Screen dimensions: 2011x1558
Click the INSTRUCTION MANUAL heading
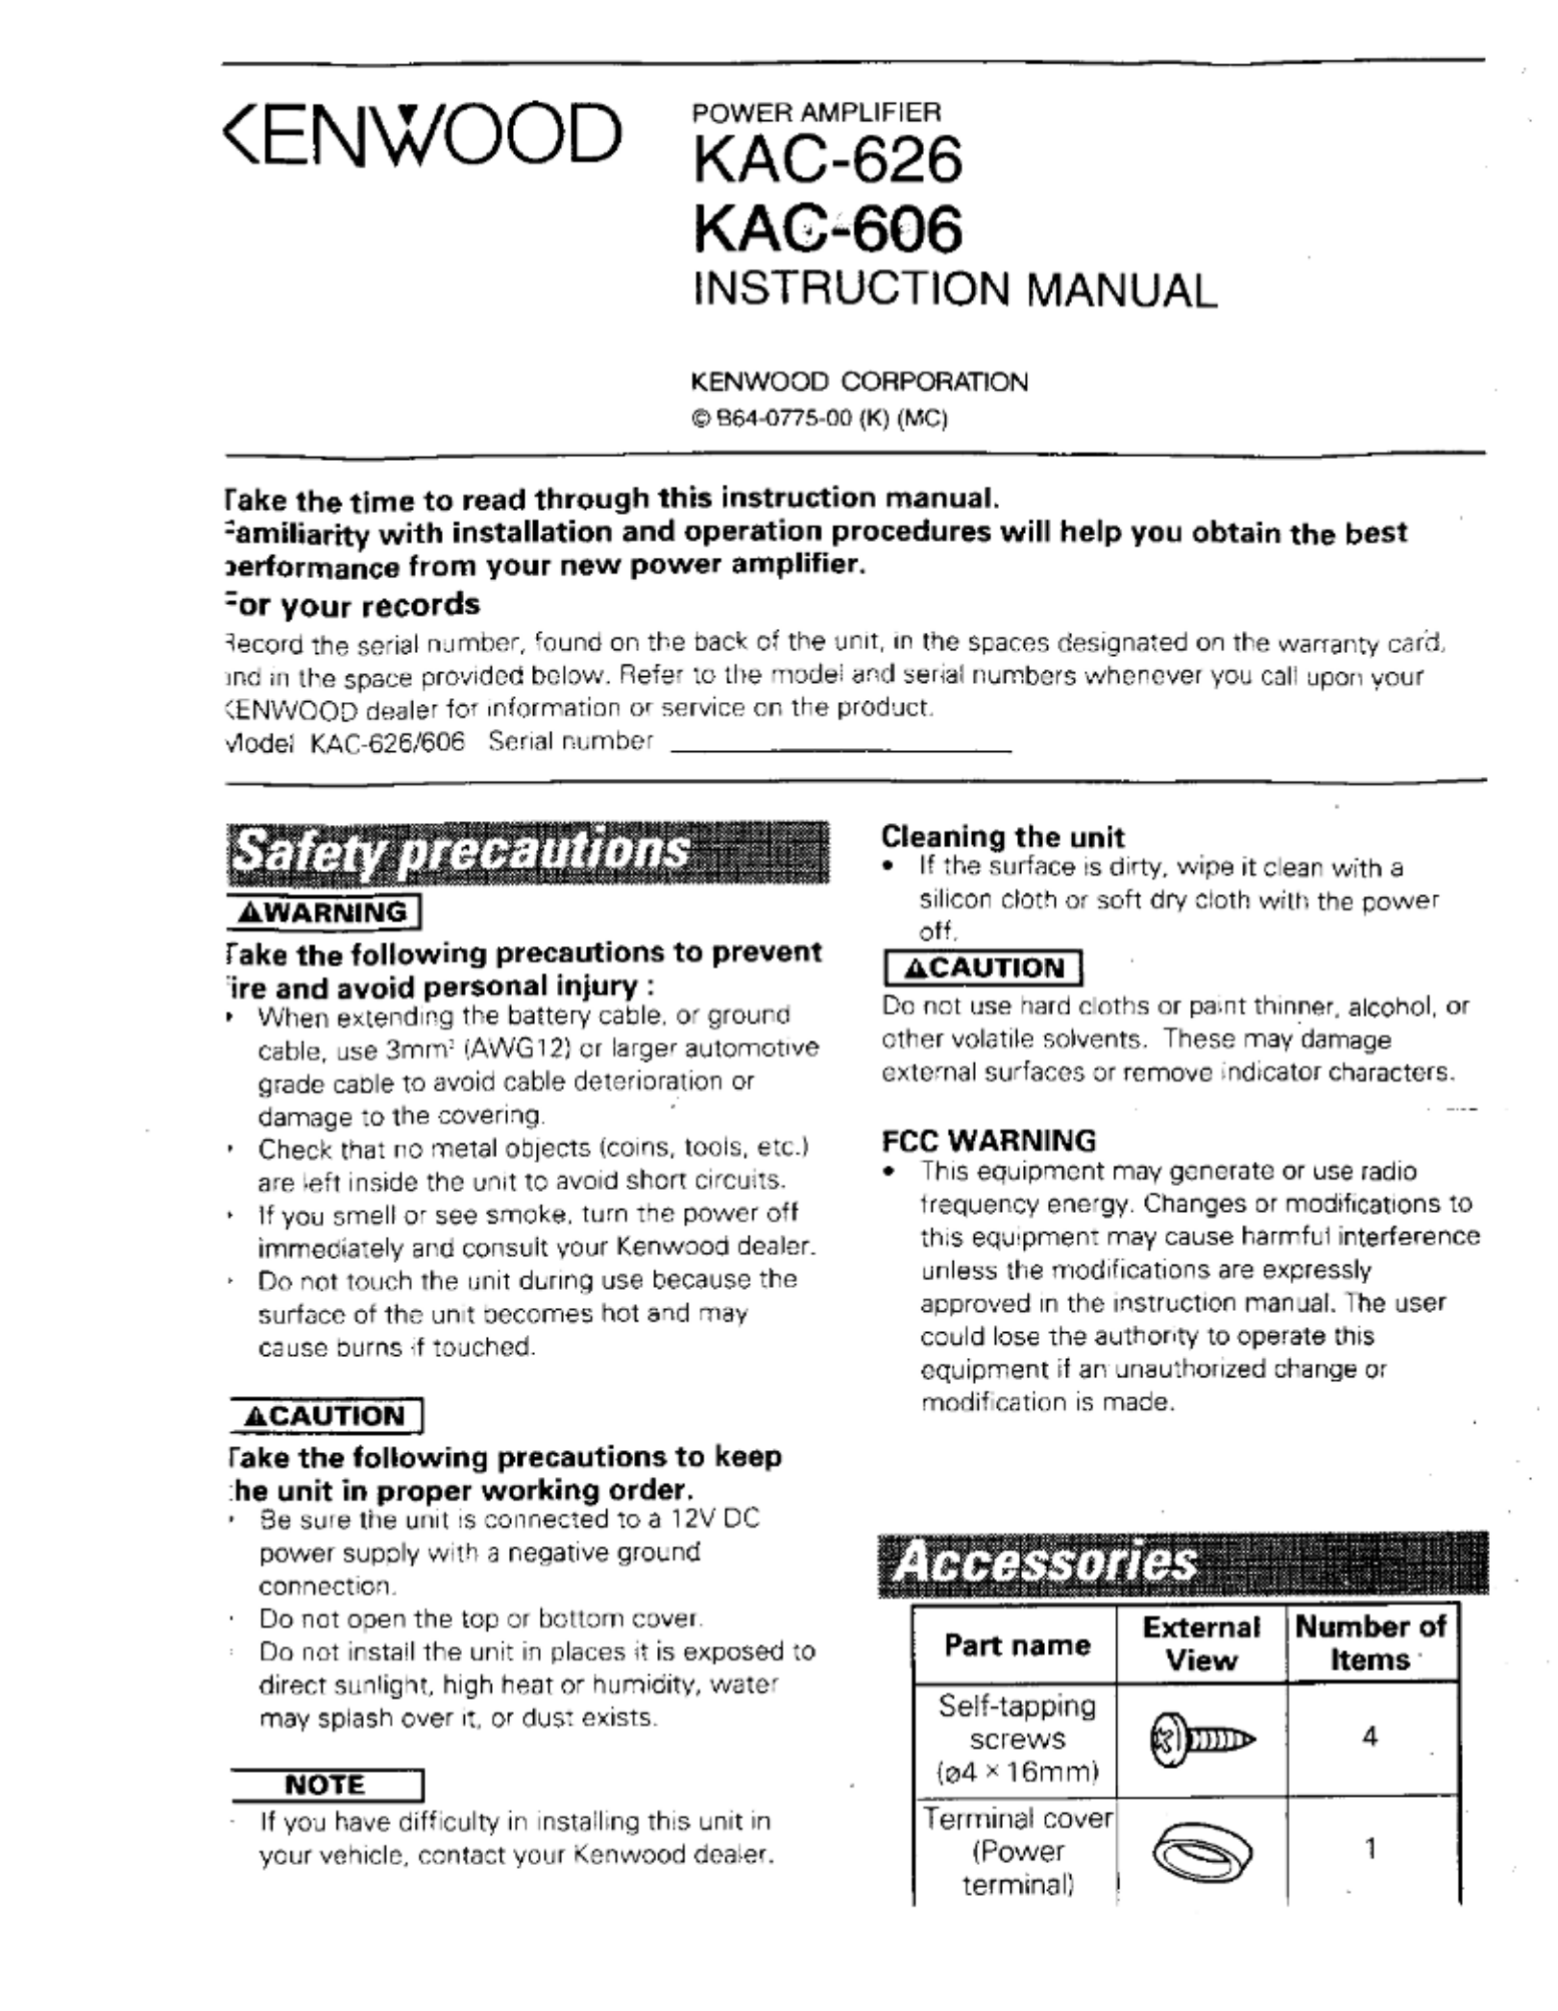click(955, 290)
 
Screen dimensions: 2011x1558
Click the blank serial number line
click(840, 747)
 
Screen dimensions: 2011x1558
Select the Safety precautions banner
click(527, 852)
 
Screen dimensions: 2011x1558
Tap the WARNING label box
click(324, 912)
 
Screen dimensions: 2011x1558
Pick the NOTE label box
click(326, 1785)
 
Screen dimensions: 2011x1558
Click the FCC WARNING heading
click(988, 1141)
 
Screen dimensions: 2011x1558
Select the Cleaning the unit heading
click(1002, 836)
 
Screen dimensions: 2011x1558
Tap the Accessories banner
click(1182, 1564)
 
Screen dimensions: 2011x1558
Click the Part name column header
click(1016, 1645)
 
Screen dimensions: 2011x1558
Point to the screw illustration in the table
click(1201, 1739)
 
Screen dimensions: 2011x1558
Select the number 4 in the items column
click(1370, 1736)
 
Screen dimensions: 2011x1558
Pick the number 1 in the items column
click(1371, 1848)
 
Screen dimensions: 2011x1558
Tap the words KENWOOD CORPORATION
click(859, 382)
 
